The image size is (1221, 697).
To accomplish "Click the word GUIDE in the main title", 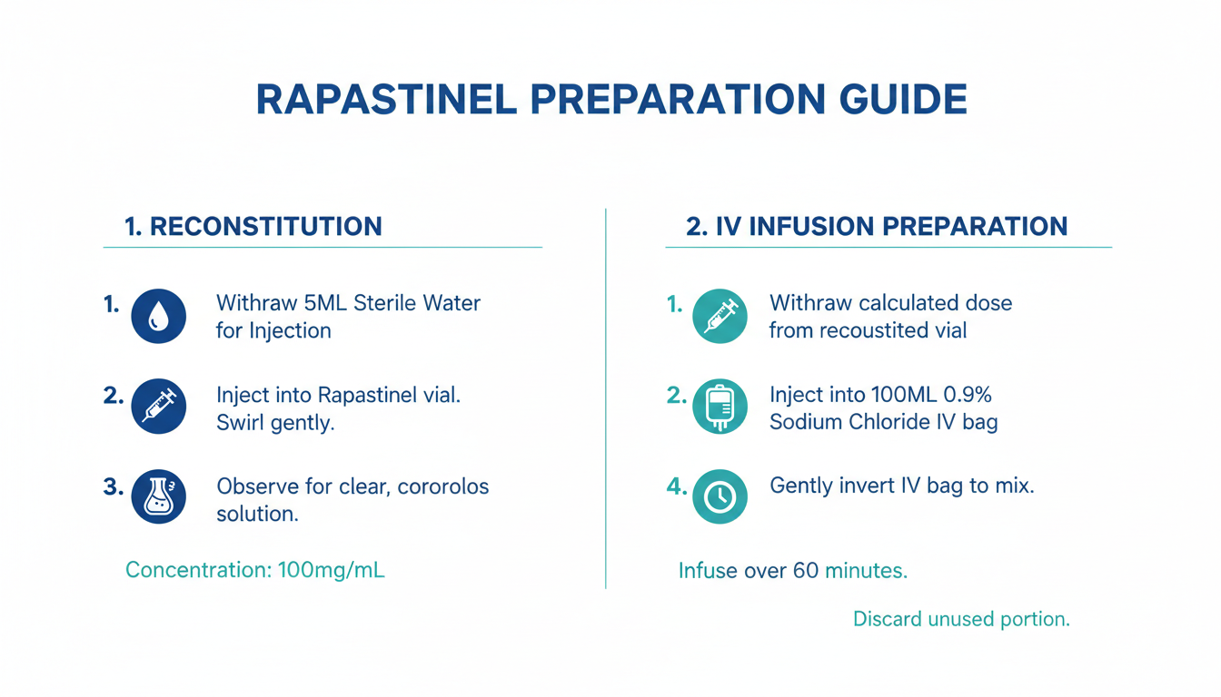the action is pyautogui.click(x=903, y=99).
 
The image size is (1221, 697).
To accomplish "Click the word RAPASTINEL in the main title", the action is pyautogui.click(x=386, y=99).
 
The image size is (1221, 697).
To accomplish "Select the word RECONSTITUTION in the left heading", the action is pyautogui.click(x=266, y=227).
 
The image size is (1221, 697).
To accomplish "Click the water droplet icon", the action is pyautogui.click(x=159, y=316).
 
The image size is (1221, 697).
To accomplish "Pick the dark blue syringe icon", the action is pyautogui.click(x=159, y=407).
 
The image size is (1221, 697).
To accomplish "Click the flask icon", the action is pyautogui.click(x=159, y=496).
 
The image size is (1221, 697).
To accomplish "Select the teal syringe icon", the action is pyautogui.click(x=720, y=316).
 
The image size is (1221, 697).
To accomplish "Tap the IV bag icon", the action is pyautogui.click(x=720, y=407).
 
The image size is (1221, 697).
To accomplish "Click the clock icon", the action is pyautogui.click(x=720, y=496).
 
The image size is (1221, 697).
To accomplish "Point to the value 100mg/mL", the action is pyautogui.click(x=331, y=570).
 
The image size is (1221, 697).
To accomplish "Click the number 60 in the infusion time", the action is pyautogui.click(x=806, y=571).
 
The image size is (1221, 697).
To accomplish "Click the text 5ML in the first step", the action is pyautogui.click(x=325, y=303).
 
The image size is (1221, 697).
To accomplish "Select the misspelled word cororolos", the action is pyautogui.click(x=443, y=486).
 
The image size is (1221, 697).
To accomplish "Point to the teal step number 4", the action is pyautogui.click(x=677, y=486).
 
